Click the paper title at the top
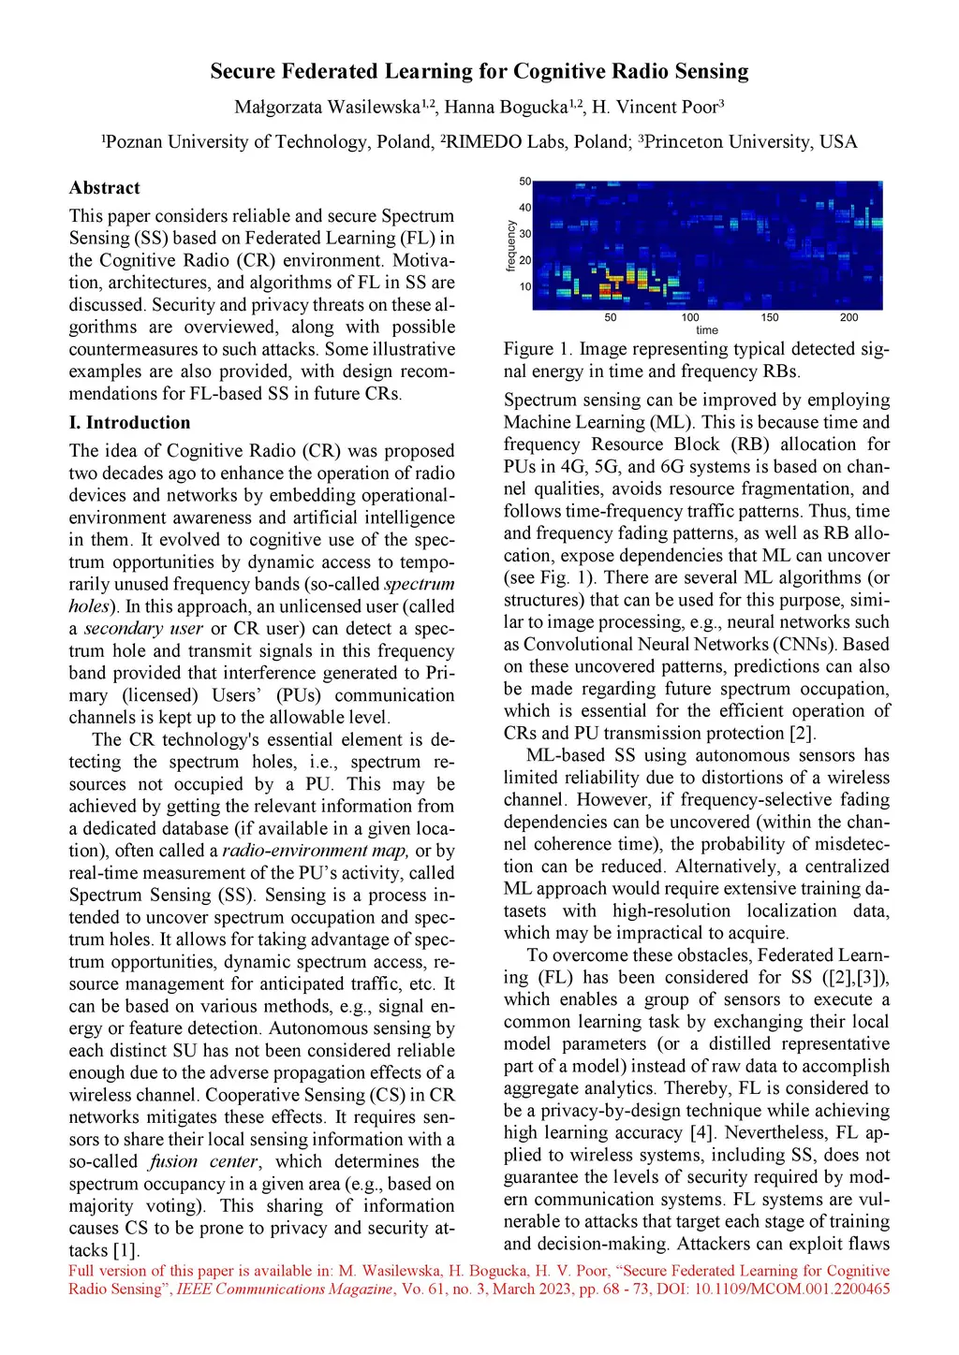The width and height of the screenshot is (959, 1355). click(479, 71)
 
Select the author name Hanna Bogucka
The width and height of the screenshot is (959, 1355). click(506, 107)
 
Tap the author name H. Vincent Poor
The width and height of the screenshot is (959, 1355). click(653, 107)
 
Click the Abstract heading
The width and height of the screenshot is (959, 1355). click(104, 188)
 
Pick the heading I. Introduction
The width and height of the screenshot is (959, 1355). click(129, 423)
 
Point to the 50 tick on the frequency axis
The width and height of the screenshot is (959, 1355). click(525, 182)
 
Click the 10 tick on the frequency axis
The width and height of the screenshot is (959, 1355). click(525, 286)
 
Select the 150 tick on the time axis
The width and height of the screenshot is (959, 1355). click(770, 317)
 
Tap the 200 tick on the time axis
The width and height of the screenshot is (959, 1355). click(848, 317)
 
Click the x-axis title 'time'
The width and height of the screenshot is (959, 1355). click(707, 330)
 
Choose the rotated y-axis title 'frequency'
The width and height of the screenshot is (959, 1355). click(511, 246)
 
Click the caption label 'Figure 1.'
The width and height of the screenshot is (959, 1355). click(538, 349)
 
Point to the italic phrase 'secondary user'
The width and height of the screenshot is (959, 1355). click(143, 629)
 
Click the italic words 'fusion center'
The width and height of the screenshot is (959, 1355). click(203, 1161)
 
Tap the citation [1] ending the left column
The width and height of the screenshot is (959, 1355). click(125, 1250)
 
